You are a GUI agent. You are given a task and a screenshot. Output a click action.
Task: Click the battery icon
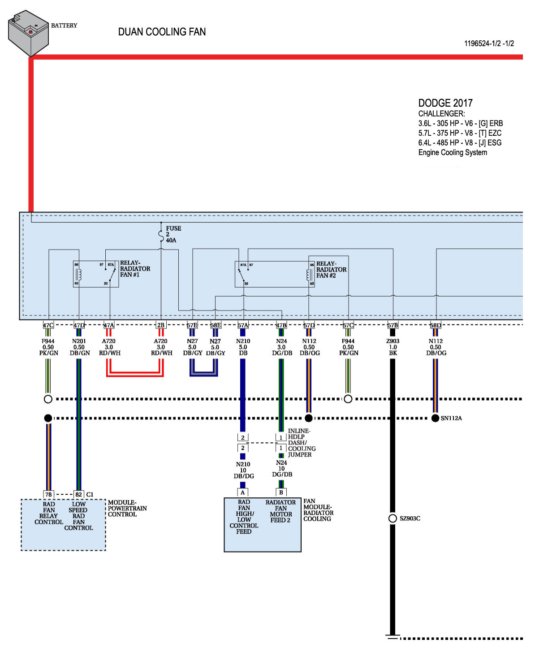pos(28,33)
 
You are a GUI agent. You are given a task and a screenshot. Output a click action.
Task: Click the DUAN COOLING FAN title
pos(162,32)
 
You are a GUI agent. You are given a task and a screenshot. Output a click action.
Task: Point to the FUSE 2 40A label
pos(173,234)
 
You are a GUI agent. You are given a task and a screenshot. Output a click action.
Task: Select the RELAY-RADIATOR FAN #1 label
pos(135,269)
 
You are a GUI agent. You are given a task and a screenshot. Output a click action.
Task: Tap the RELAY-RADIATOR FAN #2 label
pos(331,270)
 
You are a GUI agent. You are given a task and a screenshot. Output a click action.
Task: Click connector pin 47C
pos(48,325)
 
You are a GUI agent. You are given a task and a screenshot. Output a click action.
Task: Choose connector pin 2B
pos(160,325)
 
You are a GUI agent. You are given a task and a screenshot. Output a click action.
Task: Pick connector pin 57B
pos(393,325)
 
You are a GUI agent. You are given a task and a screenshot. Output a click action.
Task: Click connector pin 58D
pos(435,325)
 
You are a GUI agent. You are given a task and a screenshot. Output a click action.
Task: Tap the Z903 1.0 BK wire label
pos(393,347)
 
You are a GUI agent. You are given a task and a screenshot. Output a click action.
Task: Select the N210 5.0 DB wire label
pos(243,347)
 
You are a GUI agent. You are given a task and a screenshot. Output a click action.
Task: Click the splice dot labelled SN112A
pos(435,418)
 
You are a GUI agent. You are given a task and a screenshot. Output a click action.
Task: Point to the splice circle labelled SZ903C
pos(393,518)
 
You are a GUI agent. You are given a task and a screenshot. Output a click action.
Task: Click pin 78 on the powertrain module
pos(48,495)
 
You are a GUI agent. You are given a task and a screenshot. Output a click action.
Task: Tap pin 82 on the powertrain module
pos(78,495)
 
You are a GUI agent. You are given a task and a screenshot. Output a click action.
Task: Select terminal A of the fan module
pos(243,492)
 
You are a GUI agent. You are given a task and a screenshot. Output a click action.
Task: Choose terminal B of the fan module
pos(281,492)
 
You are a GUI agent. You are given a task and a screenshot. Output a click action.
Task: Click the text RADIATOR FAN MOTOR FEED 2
pos(280,511)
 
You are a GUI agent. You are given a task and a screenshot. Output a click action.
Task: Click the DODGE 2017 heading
pos(445,103)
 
